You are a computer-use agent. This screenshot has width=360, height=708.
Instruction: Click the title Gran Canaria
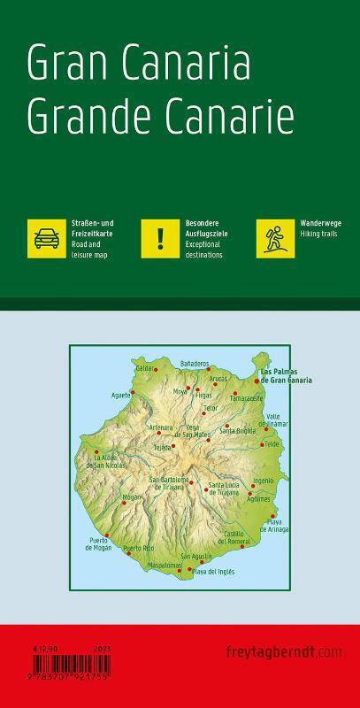[139, 65]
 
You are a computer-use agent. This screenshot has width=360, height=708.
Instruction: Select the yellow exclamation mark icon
[160, 239]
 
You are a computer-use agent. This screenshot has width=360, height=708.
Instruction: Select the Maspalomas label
[165, 564]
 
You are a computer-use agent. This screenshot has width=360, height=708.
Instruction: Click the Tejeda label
[162, 448]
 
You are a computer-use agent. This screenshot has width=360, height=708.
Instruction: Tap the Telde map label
[272, 443]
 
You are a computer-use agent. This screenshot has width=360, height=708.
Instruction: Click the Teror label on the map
[210, 408]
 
